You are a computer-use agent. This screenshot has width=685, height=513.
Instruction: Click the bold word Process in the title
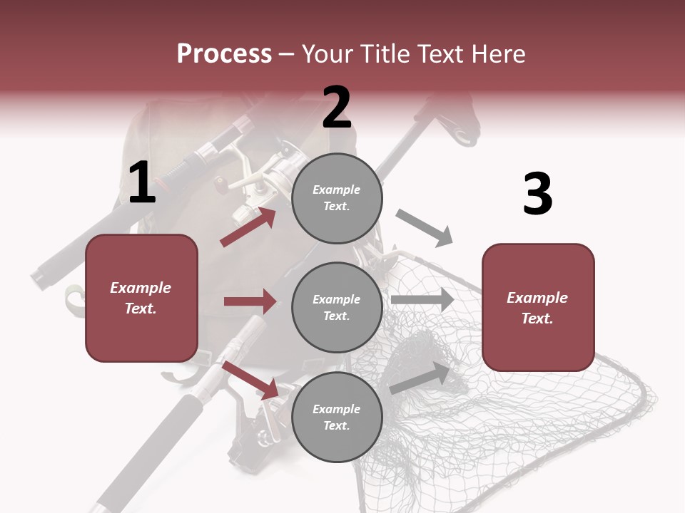click(x=224, y=54)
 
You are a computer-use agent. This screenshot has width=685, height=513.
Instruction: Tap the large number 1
click(x=142, y=182)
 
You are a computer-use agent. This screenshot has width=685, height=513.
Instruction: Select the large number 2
click(x=337, y=108)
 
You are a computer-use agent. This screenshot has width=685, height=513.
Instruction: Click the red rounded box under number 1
click(x=141, y=298)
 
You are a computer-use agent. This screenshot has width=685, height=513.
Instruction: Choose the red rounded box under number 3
click(x=538, y=307)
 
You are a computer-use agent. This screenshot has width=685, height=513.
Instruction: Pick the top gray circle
click(x=337, y=198)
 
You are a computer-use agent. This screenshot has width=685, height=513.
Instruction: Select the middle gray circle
click(x=337, y=307)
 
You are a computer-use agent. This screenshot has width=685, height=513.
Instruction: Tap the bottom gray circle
click(x=337, y=417)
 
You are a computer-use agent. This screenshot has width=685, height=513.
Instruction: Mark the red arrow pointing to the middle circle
click(x=250, y=301)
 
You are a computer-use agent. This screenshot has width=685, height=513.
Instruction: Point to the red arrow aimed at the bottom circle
click(x=250, y=380)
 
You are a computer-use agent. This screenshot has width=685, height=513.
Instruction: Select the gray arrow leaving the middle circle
click(x=422, y=300)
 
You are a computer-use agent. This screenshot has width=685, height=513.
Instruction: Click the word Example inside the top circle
click(x=337, y=190)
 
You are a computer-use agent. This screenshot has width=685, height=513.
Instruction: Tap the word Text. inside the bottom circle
click(x=337, y=425)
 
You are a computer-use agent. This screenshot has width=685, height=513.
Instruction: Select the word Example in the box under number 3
click(x=537, y=298)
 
